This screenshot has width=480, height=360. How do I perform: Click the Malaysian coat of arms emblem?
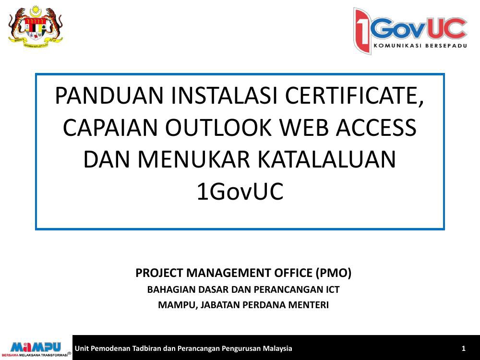[x=36, y=27]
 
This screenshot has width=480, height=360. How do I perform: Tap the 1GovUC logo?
[x=410, y=31]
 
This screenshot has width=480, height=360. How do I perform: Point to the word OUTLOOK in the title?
[x=218, y=127]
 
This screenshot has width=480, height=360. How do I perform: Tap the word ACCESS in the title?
[x=376, y=127]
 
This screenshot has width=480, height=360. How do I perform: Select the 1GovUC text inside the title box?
[x=240, y=192]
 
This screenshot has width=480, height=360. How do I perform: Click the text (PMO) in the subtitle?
[x=334, y=273]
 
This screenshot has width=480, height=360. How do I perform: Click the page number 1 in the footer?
[x=464, y=348]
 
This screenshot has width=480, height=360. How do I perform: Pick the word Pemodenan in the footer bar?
[x=111, y=348]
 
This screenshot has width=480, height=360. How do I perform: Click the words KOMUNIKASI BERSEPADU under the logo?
[x=420, y=46]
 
